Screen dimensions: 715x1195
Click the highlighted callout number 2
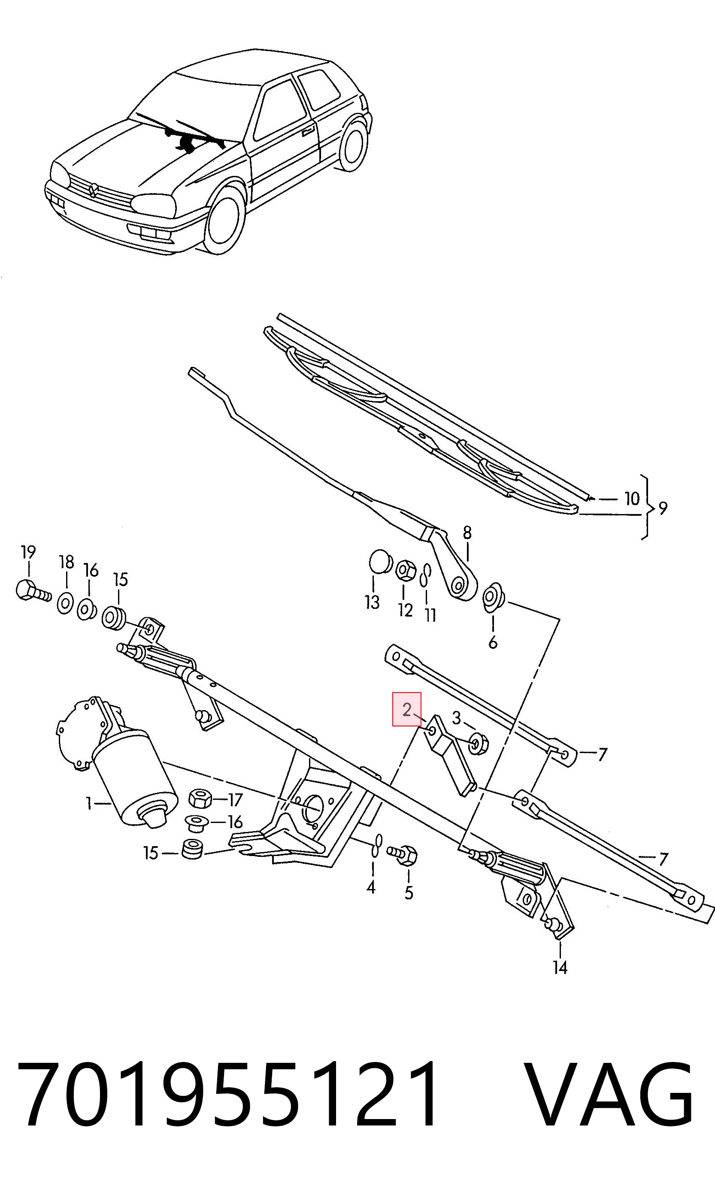pyautogui.click(x=407, y=709)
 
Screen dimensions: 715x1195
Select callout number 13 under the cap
pyautogui.click(x=373, y=602)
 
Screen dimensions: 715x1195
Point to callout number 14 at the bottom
pyautogui.click(x=560, y=967)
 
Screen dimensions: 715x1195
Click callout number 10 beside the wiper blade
pyautogui.click(x=632, y=499)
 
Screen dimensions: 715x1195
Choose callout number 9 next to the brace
pyautogui.click(x=663, y=508)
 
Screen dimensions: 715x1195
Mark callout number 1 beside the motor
pyautogui.click(x=89, y=803)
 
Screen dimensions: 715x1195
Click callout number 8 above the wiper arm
pyautogui.click(x=467, y=533)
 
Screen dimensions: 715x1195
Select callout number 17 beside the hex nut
pyautogui.click(x=235, y=800)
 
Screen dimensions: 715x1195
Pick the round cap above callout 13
pyautogui.click(x=381, y=562)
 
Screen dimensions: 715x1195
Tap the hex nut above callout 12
pyautogui.click(x=406, y=570)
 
